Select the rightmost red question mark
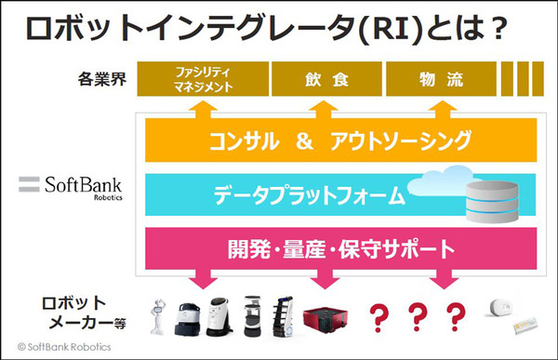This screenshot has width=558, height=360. pyautogui.click(x=454, y=313)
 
